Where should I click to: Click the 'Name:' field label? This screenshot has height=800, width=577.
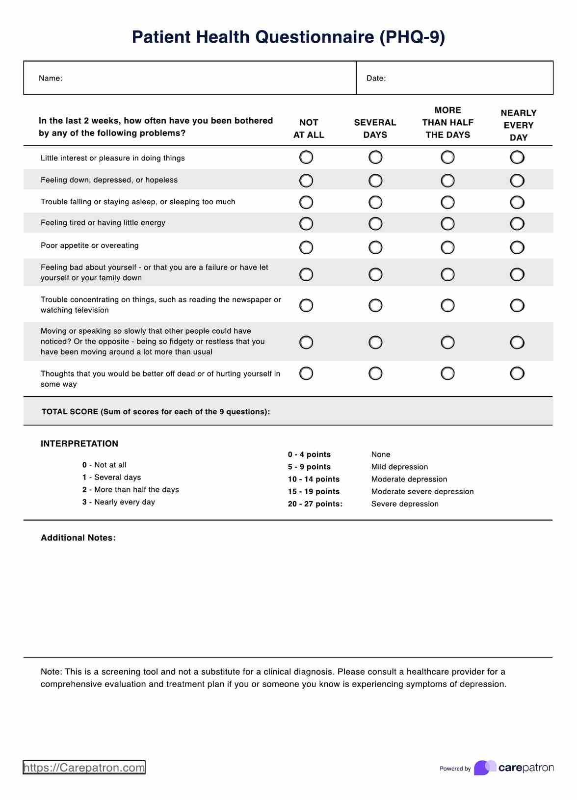pos(51,79)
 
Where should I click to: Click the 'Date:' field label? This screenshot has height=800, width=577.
pos(376,79)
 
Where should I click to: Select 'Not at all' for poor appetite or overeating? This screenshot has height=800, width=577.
pos(306,247)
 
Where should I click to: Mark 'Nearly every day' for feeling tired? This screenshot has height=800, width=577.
pos(517,224)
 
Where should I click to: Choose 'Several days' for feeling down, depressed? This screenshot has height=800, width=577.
pos(375,181)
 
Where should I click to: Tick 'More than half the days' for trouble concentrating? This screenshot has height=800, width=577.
pos(447,305)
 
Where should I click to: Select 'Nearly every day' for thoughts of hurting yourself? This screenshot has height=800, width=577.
pos(517,373)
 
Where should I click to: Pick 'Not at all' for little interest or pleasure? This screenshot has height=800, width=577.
pos(306,158)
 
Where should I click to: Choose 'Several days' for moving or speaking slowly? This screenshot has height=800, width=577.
pos(375,342)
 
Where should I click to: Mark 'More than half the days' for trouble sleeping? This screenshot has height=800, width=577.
pos(447,202)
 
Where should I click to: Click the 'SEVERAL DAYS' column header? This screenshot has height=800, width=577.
pos(375,129)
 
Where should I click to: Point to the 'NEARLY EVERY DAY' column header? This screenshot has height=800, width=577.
pos(518,125)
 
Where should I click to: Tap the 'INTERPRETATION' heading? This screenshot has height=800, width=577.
pos(79,444)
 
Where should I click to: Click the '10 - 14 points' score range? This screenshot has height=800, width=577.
pos(314,479)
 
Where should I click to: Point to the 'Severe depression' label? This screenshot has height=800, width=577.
pos(405,504)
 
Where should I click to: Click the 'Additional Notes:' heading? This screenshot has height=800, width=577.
pos(78,538)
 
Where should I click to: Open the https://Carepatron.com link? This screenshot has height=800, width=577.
pos(84,768)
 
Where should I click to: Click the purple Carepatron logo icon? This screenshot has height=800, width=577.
pos(484,768)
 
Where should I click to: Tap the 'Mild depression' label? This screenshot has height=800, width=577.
pos(399,467)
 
